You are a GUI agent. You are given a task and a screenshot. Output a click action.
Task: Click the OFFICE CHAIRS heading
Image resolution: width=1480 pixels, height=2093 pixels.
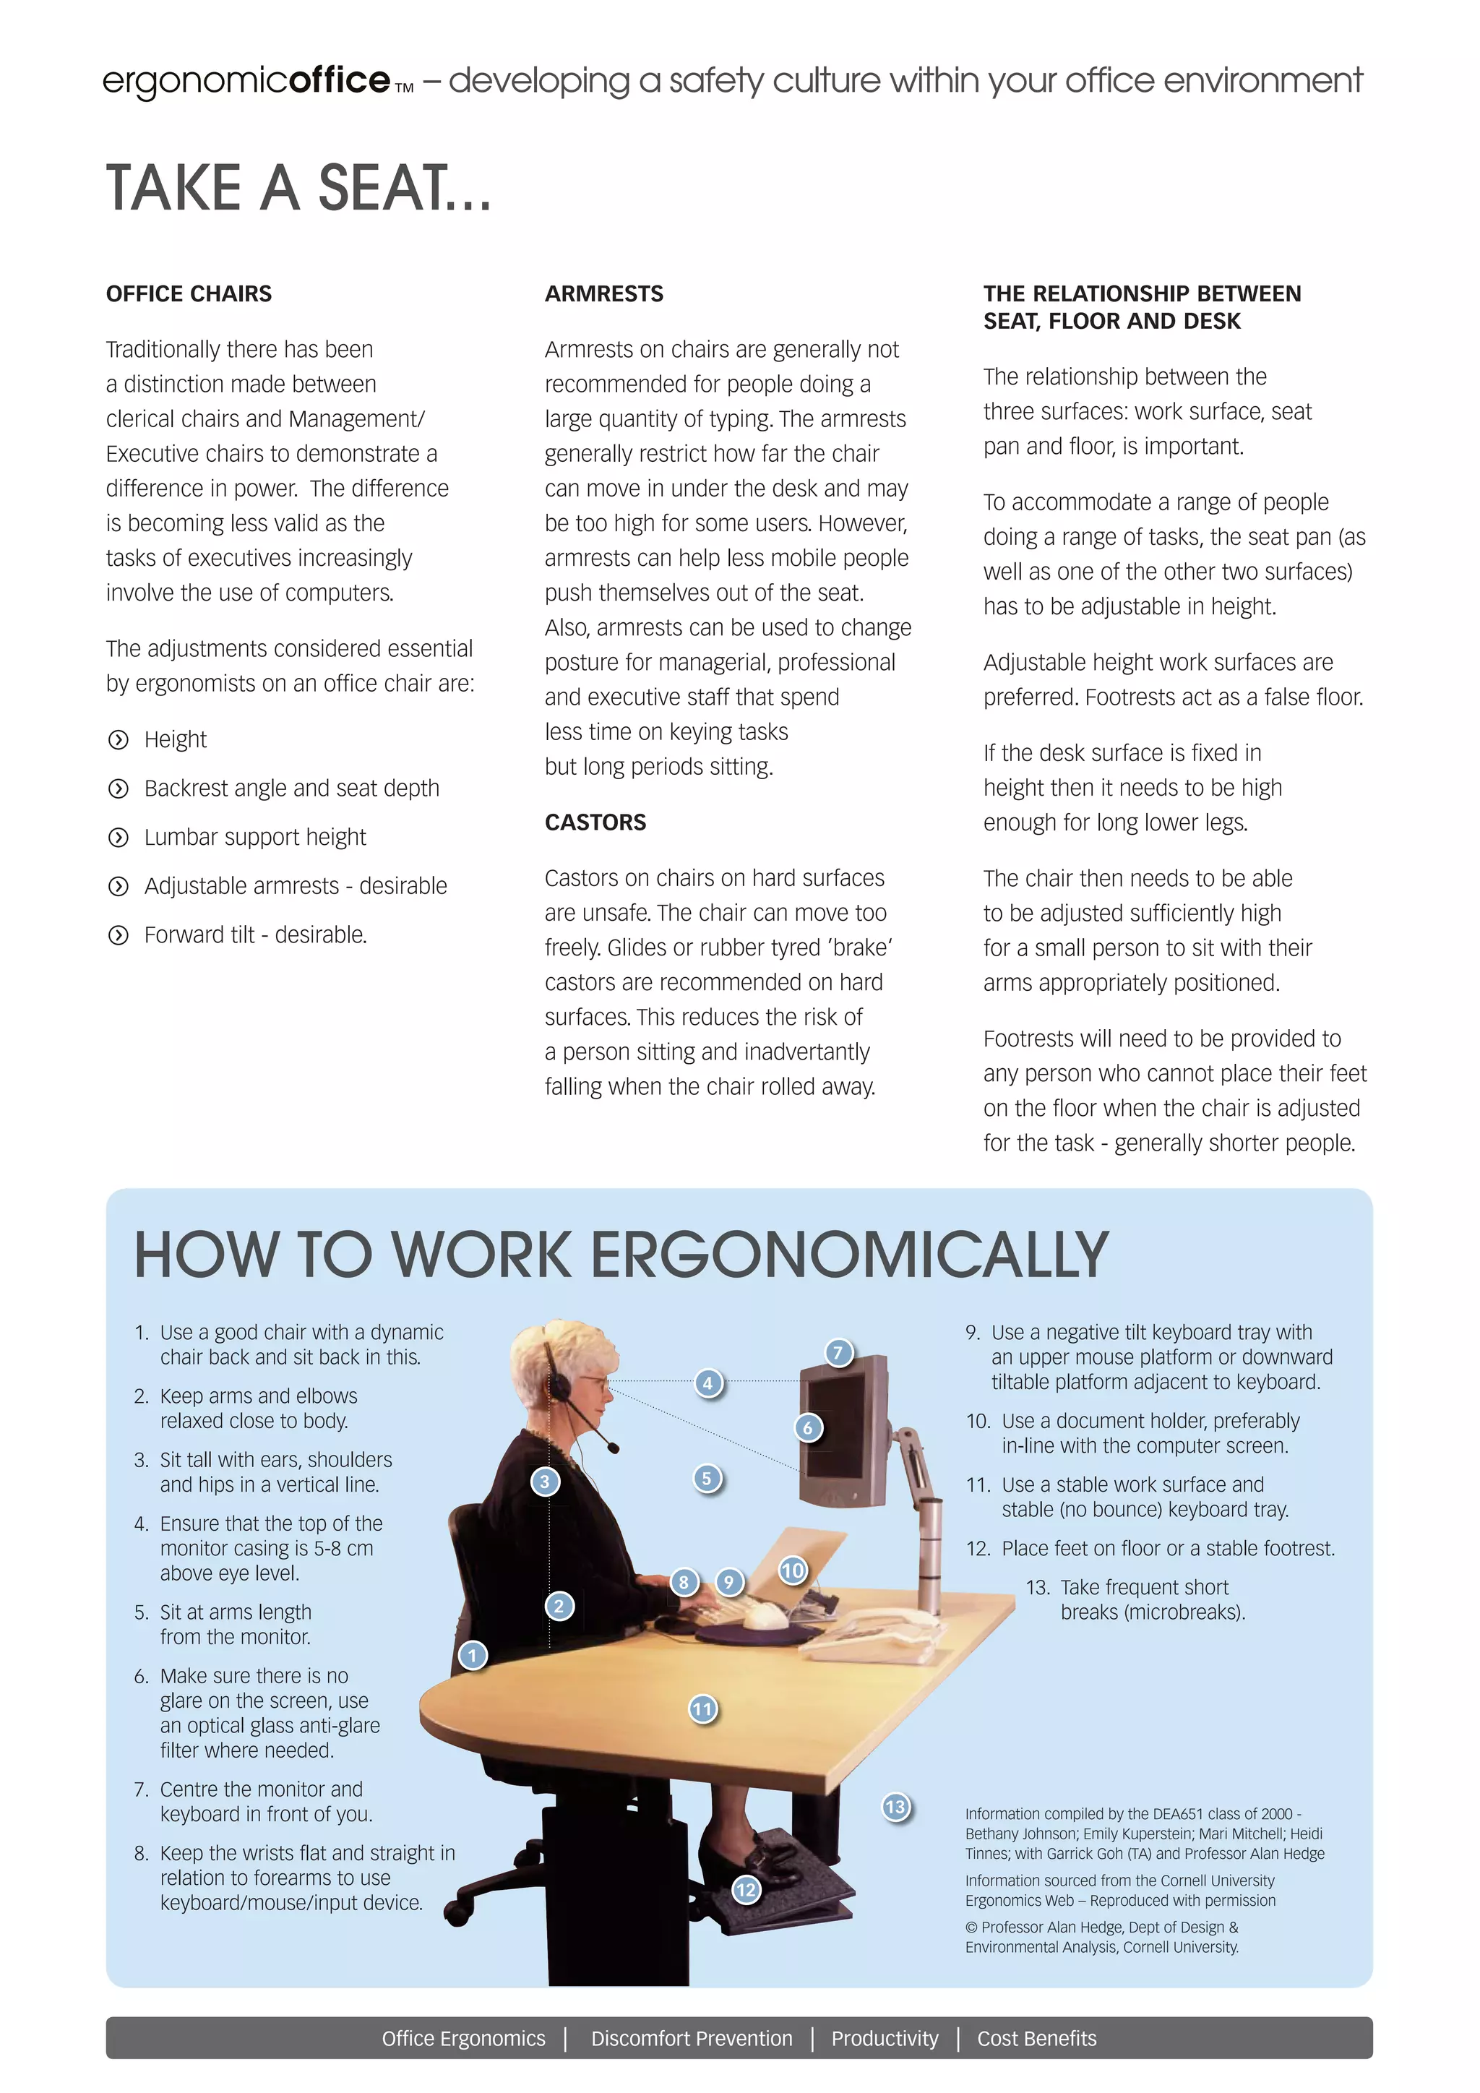(x=189, y=293)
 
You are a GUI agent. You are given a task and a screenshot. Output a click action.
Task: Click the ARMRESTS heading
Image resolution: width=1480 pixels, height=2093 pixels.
(x=603, y=293)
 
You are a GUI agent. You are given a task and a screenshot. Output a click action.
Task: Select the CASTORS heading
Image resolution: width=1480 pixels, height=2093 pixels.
(x=595, y=822)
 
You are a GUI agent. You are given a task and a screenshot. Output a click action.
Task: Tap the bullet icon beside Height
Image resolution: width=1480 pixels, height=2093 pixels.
(x=119, y=739)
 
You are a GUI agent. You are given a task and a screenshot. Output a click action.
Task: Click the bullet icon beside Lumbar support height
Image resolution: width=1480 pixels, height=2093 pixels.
(x=119, y=837)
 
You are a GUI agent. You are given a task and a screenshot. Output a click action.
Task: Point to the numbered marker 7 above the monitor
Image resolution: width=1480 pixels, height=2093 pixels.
(x=838, y=1352)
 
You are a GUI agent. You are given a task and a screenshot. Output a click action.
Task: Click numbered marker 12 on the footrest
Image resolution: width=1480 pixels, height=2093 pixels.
(x=747, y=1890)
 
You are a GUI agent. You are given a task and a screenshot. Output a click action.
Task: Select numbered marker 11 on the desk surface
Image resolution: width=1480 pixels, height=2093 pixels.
(x=702, y=1709)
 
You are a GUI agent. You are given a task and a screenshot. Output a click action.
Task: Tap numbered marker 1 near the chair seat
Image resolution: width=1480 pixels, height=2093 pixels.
(x=472, y=1654)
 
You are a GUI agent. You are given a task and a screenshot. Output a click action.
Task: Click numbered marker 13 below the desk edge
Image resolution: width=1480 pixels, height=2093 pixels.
(x=896, y=1807)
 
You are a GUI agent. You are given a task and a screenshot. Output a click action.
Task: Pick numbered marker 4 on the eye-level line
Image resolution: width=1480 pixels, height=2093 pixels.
(x=708, y=1383)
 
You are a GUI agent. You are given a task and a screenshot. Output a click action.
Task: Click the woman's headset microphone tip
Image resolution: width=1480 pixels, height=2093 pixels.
(x=614, y=1448)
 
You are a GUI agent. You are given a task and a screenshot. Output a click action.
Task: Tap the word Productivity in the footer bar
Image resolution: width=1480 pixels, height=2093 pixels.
(x=884, y=2038)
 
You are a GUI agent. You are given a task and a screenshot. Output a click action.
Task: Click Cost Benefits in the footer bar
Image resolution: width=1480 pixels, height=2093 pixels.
(x=1036, y=2038)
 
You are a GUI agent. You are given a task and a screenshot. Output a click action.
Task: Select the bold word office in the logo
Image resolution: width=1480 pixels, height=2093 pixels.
(x=339, y=80)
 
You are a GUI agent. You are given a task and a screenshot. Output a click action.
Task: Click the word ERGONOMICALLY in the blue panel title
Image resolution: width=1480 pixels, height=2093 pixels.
(x=849, y=1255)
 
